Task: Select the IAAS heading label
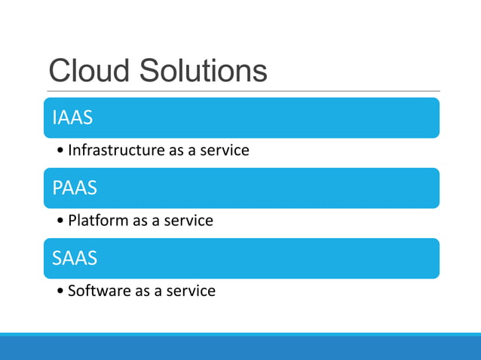73,118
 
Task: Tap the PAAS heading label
75,188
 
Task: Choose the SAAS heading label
75,258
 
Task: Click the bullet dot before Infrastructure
60,151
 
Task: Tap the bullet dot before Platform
60,221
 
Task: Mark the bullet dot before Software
60,291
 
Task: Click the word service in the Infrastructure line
224,150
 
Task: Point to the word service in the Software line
191,291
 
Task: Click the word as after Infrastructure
176,151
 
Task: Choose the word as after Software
143,291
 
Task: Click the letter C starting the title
60,71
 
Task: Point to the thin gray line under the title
241,92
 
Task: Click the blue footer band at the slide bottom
240,348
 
